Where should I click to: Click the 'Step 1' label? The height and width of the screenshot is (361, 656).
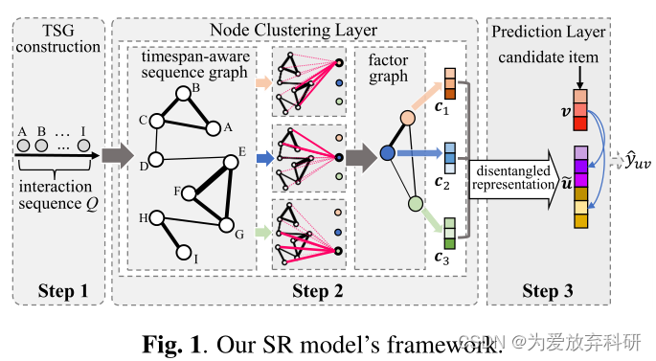(57, 290)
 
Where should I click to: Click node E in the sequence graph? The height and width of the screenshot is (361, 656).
(230, 162)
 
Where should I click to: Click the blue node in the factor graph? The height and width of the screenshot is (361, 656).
(387, 152)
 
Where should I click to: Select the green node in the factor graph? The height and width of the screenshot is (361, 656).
(415, 204)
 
